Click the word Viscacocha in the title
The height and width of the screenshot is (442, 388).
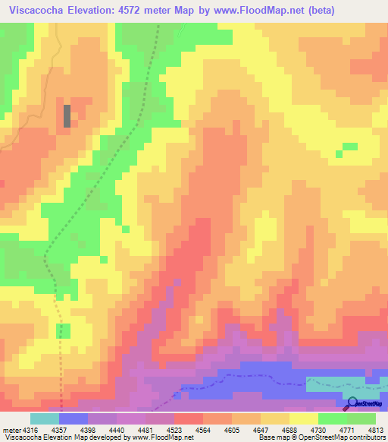click(x=36, y=11)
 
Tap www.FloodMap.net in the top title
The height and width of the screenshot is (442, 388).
click(x=251, y=11)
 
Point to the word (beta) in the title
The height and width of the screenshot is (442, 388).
click(x=318, y=11)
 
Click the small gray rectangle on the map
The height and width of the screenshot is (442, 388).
click(x=67, y=115)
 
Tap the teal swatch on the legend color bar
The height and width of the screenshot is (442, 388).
click(x=45, y=418)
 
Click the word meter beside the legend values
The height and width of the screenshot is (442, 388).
click(x=10, y=430)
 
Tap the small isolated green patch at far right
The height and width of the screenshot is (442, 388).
click(x=349, y=147)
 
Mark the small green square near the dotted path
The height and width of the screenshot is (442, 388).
click(x=64, y=330)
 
